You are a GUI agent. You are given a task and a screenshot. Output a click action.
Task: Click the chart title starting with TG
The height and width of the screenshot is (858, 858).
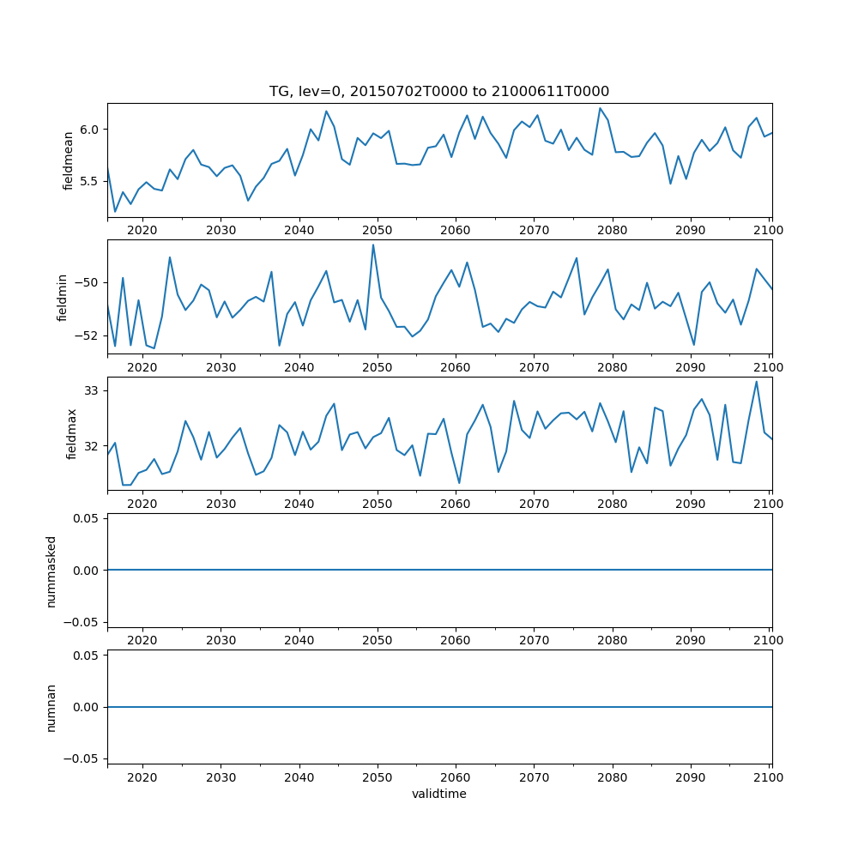(439, 91)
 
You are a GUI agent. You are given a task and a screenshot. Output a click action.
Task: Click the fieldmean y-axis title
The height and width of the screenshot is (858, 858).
(68, 160)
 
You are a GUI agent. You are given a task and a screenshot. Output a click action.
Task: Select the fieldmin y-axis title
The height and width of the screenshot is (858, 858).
(62, 297)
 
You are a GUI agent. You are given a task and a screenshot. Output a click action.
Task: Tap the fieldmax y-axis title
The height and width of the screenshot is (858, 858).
(72, 433)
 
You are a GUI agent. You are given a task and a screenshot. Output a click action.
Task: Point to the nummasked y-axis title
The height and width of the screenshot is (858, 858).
(51, 571)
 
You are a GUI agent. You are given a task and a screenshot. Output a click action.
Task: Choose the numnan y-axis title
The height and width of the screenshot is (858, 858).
(51, 707)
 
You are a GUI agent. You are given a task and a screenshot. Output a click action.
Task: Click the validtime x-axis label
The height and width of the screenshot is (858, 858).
(439, 795)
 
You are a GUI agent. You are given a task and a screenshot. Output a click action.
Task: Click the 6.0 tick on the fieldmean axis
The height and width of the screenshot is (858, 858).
(90, 130)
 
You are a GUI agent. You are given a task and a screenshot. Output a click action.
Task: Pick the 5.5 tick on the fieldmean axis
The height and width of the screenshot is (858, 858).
(90, 182)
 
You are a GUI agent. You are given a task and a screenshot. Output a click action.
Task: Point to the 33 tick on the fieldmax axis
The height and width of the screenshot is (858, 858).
(93, 391)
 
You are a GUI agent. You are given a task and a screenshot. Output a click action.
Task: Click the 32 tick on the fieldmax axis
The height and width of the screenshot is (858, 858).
(93, 446)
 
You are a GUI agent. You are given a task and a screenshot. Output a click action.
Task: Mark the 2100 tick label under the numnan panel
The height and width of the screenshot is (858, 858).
(769, 776)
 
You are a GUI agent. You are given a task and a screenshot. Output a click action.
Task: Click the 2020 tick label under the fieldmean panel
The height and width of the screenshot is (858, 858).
(142, 230)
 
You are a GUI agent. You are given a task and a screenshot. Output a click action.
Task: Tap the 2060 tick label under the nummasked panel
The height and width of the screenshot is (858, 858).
(455, 640)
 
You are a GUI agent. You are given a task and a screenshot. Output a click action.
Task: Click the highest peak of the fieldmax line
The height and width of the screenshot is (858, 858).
(756, 382)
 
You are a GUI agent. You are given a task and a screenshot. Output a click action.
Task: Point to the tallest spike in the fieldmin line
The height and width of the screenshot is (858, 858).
(373, 245)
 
